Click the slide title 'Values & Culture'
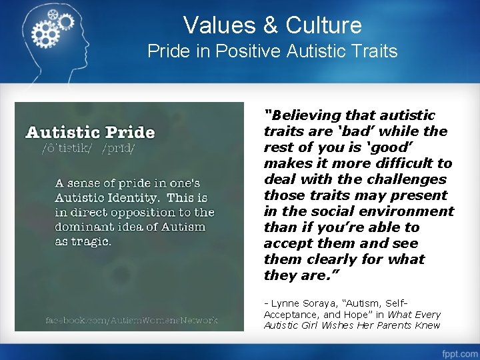(x=273, y=25)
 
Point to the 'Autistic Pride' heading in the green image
(x=90, y=132)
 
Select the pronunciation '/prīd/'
(x=118, y=148)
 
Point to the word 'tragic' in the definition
(x=93, y=241)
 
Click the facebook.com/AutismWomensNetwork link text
(x=131, y=320)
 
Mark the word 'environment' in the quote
(x=413, y=211)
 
